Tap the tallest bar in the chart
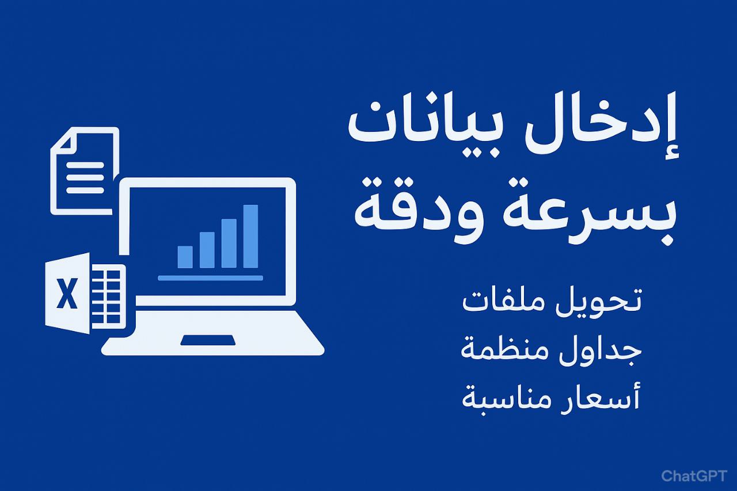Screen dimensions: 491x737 [250, 236]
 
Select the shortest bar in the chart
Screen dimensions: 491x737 [185, 257]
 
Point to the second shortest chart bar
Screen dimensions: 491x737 [207, 250]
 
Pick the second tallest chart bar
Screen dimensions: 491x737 [229, 243]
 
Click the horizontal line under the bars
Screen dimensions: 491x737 [210, 278]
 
